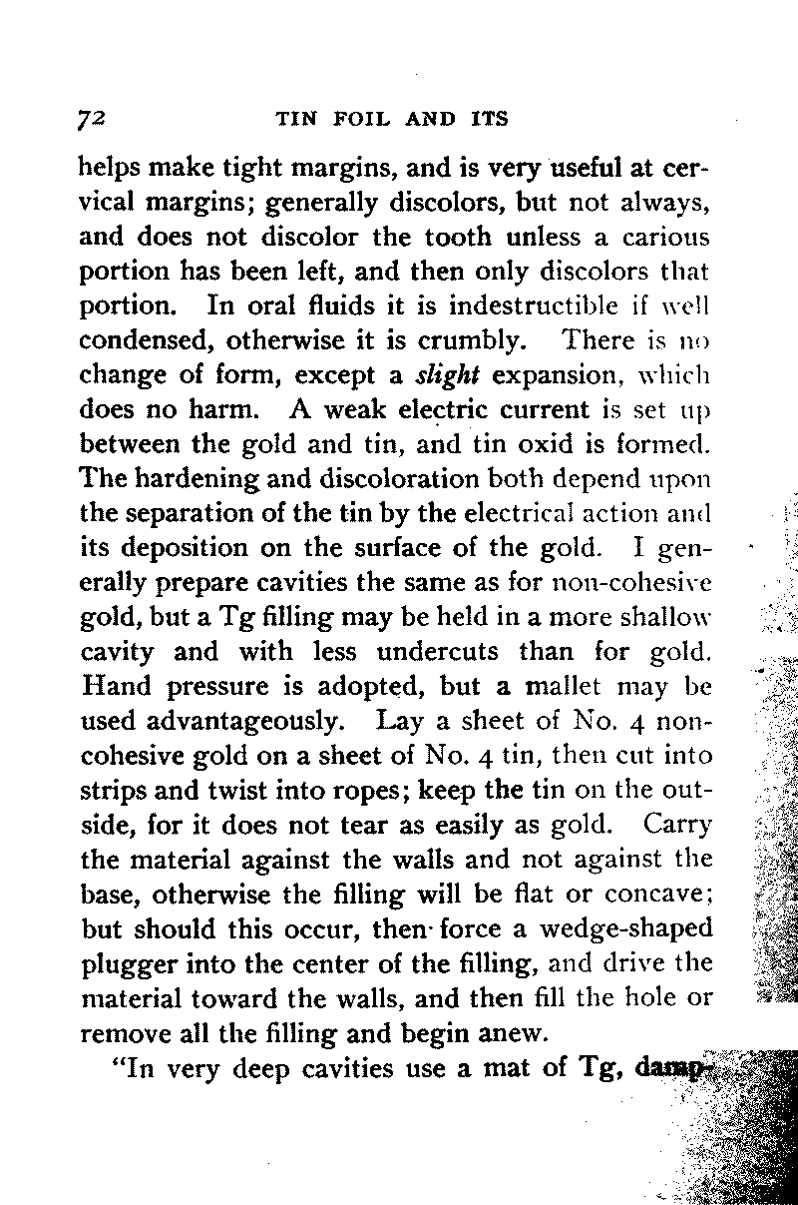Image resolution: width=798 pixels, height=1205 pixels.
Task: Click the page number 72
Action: [92, 120]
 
